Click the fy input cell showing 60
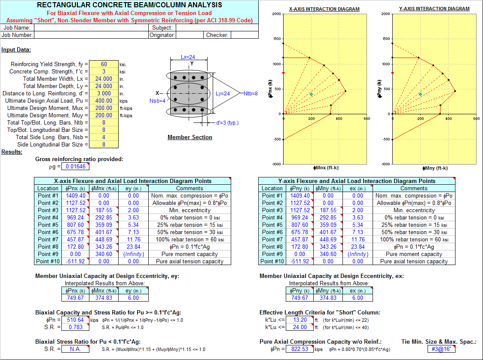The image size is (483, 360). [x=104, y=64]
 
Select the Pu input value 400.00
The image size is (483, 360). [x=104, y=101]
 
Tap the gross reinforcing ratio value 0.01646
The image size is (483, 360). [x=76, y=166]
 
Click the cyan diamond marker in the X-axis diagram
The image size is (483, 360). [x=312, y=94]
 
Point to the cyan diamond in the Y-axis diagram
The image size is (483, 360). [x=420, y=94]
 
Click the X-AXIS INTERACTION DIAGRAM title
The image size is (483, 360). [x=324, y=9]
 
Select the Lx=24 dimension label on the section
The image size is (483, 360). [x=188, y=57]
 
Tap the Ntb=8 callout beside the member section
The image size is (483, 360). [x=251, y=93]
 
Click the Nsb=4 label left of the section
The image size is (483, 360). [x=157, y=101]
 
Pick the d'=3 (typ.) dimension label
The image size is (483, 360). [x=227, y=122]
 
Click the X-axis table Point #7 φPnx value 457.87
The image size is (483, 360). [x=76, y=239]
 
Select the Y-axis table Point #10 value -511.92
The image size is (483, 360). [x=300, y=261]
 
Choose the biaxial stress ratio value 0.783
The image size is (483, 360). [x=76, y=327]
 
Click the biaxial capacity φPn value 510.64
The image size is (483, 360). [x=76, y=320]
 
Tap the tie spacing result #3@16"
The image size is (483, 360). [x=441, y=349]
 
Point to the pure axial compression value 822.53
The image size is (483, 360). [x=300, y=349]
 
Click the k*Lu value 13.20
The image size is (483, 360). [x=300, y=320]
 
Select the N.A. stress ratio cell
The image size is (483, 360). [x=76, y=349]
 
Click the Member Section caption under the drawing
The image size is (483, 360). [x=190, y=137]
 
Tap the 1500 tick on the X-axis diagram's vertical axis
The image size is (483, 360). [x=277, y=39]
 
